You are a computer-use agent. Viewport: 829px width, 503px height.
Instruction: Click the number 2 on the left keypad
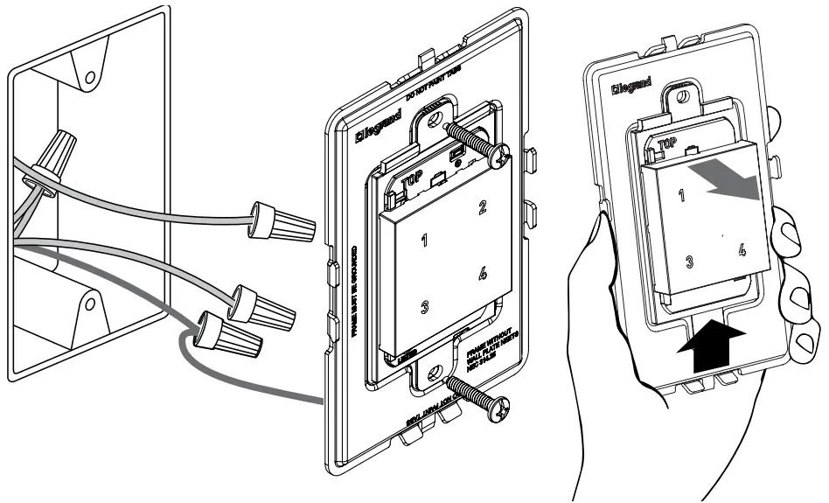(480, 207)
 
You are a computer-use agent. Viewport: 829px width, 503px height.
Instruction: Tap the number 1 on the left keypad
(425, 242)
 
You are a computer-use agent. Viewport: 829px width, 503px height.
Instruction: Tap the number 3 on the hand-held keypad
(690, 261)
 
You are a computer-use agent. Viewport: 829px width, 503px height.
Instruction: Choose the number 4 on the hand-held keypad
(742, 249)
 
